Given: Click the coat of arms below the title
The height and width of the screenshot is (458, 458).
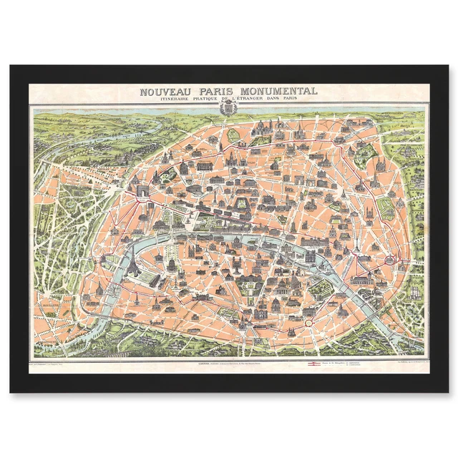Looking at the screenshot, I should pyautogui.click(x=229, y=109).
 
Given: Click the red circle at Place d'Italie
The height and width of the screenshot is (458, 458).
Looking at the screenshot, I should pyautogui.click(x=309, y=323).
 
